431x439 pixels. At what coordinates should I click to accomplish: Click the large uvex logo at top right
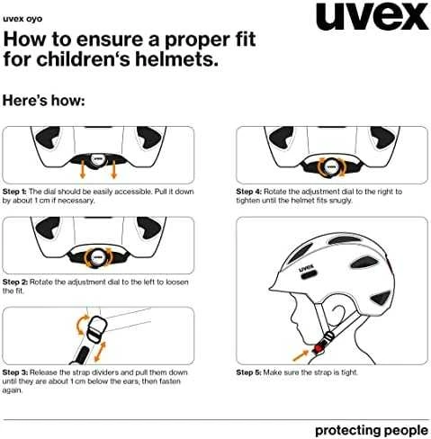click(x=373, y=16)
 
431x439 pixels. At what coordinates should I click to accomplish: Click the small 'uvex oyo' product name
click(x=22, y=19)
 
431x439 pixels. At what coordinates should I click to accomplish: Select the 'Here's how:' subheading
click(x=44, y=101)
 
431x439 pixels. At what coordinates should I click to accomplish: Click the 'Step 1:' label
click(x=14, y=192)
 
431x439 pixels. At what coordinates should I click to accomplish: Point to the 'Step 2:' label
click(x=15, y=282)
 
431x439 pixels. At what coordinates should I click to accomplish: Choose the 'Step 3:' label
click(x=15, y=372)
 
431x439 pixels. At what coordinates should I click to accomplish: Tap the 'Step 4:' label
click(x=249, y=192)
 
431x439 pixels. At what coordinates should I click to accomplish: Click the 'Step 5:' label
click(x=248, y=372)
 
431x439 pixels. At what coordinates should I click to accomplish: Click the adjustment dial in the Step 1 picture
click(x=97, y=159)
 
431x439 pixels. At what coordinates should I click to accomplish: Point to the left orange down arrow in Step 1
click(x=83, y=171)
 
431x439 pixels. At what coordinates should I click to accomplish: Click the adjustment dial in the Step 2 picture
click(x=97, y=257)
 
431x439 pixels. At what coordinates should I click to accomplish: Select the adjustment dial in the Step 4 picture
click(x=331, y=166)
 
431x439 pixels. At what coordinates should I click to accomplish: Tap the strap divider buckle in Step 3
click(x=95, y=329)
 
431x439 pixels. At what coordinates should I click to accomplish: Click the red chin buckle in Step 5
click(x=318, y=349)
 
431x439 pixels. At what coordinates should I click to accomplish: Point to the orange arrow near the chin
click(x=301, y=355)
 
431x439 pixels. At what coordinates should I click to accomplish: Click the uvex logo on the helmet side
click(x=306, y=267)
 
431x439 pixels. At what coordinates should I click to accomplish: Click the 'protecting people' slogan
click(x=372, y=431)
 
